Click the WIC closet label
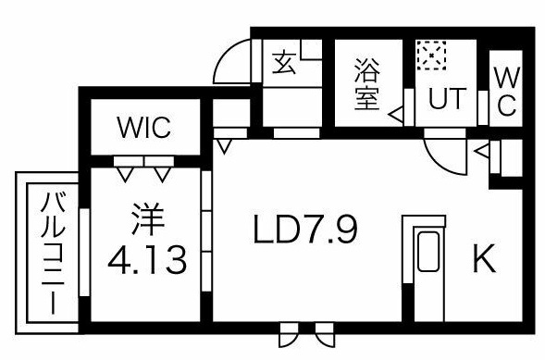tap(144, 128)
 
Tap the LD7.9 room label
tap(305, 230)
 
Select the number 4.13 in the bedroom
tap(147, 260)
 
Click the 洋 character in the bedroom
tap(148, 219)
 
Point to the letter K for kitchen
tap(484, 258)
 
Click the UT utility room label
tap(447, 99)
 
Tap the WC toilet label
tap(506, 92)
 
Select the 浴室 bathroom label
tap(367, 84)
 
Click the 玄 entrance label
tap(284, 63)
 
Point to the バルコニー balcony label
tap(53, 254)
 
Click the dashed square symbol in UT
tap(431, 56)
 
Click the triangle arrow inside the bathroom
tap(396, 115)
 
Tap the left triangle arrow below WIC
tap(125, 174)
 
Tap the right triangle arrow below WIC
tap(162, 174)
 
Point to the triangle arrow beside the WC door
tap(482, 151)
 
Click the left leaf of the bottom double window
tap(289, 334)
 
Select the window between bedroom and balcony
tap(84, 252)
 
